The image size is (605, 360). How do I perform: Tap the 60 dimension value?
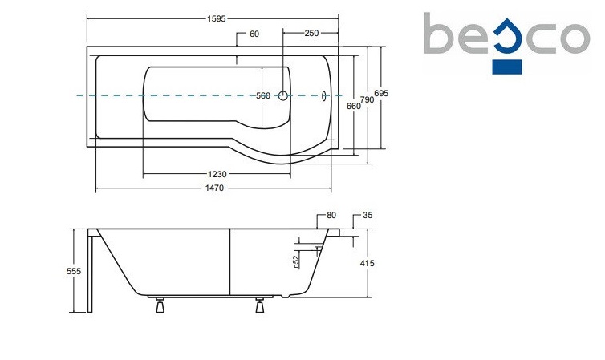(254, 34)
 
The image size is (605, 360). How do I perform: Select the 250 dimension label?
(311, 34)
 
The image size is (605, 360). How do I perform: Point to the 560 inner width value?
(263, 96)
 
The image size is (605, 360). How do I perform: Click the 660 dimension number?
(353, 106)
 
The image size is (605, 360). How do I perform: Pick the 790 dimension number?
(367, 99)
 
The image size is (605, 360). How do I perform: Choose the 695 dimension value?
(381, 94)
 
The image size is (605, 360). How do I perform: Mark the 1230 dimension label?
(216, 174)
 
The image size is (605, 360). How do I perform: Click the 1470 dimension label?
(213, 188)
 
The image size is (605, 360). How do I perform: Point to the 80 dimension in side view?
(331, 216)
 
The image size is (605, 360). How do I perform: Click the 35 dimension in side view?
(368, 216)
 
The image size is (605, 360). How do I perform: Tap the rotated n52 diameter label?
(296, 260)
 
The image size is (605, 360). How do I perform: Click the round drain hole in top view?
(282, 96)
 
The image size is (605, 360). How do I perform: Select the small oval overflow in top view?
(324, 96)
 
